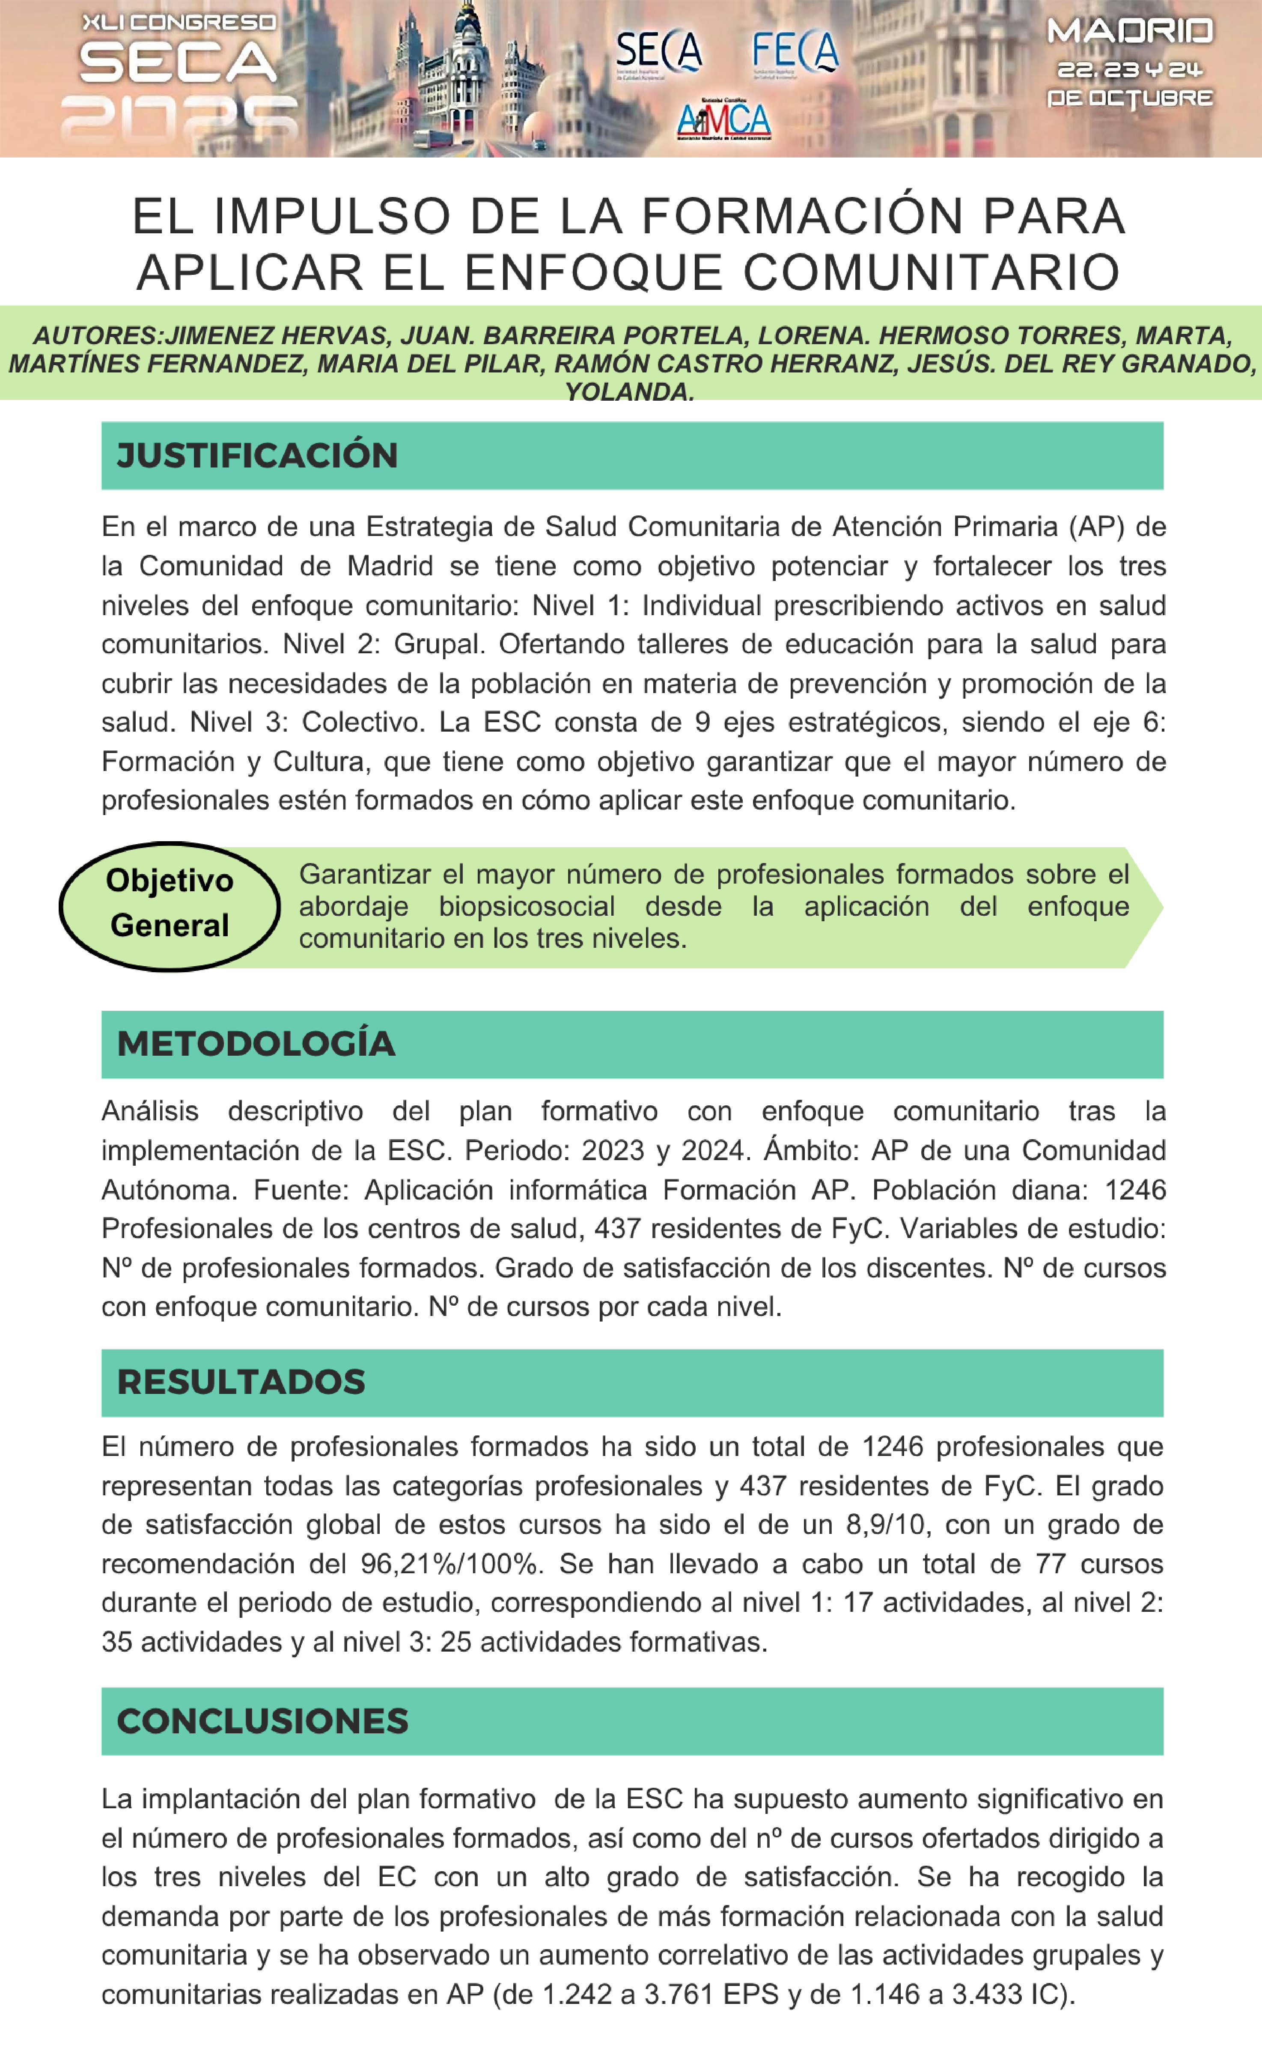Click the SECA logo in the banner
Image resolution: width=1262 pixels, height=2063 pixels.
pos(659,52)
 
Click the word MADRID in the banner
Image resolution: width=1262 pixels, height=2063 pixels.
pos(1130,32)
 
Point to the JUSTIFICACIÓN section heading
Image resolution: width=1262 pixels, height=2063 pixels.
pos(257,455)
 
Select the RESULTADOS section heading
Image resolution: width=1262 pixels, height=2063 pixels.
pos(241,1382)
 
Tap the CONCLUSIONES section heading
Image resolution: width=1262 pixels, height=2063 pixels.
pos(262,1721)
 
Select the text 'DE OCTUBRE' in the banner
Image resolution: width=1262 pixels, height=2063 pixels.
pos(1130,98)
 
